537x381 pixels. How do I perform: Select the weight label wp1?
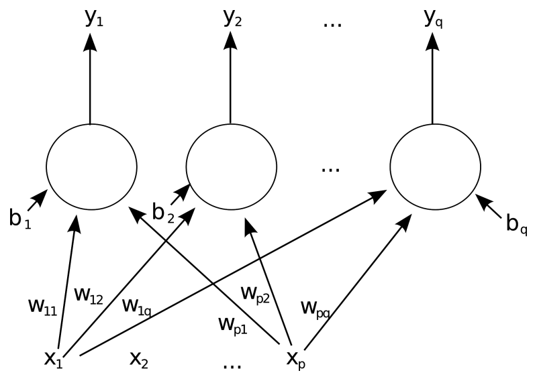[x=233, y=325]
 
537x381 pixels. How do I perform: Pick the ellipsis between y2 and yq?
[x=332, y=24]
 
